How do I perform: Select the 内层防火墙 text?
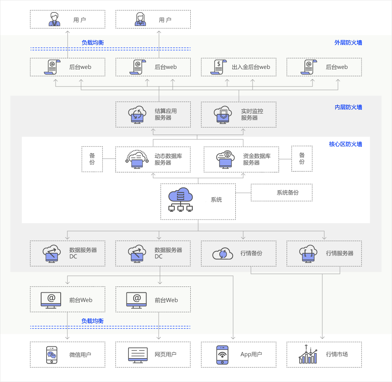pos(348,107)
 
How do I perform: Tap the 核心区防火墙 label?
pos(345,144)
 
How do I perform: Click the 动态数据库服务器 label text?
pos(168,159)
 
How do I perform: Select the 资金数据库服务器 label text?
pos(257,159)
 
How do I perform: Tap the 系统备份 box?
pos(282,193)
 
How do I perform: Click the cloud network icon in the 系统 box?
pos(181,200)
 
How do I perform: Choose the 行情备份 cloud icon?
pos(222,254)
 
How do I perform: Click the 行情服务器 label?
pos(340,253)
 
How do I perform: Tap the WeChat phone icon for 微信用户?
pos(51,355)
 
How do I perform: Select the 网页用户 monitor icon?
pos(138,355)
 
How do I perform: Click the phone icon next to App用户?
pos(222,355)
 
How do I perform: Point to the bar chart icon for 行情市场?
pos(308,355)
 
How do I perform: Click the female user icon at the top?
pos(140,20)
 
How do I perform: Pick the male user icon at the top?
pos(54,20)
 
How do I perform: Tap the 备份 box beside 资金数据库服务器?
pos(302,159)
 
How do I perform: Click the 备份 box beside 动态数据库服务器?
pos(92,159)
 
